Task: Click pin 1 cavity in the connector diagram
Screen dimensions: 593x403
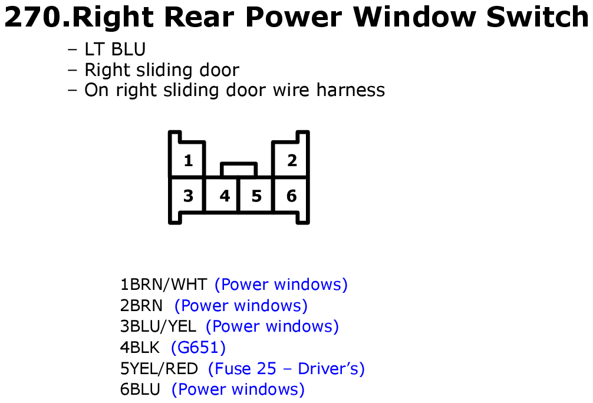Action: click(187, 159)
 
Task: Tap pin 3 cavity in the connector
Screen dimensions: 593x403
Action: click(187, 195)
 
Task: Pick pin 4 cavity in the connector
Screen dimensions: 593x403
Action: click(222, 195)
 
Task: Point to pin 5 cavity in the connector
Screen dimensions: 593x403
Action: click(256, 195)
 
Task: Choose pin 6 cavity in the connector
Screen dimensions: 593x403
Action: click(291, 195)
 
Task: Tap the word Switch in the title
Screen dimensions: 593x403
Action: click(538, 17)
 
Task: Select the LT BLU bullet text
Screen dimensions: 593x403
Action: click(115, 49)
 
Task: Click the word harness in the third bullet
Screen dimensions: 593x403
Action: click(351, 90)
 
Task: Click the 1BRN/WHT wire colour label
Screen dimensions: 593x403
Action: click(163, 285)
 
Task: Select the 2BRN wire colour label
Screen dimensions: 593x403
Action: click(141, 305)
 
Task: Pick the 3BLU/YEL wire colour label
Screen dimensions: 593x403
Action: click(158, 326)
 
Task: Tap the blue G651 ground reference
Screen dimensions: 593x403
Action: click(198, 348)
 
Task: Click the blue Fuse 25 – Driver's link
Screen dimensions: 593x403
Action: click(286, 369)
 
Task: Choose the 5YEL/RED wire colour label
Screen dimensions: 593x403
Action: click(159, 369)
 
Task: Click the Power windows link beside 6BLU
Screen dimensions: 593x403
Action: click(238, 389)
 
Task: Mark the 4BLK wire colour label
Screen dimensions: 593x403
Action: click(140, 348)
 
